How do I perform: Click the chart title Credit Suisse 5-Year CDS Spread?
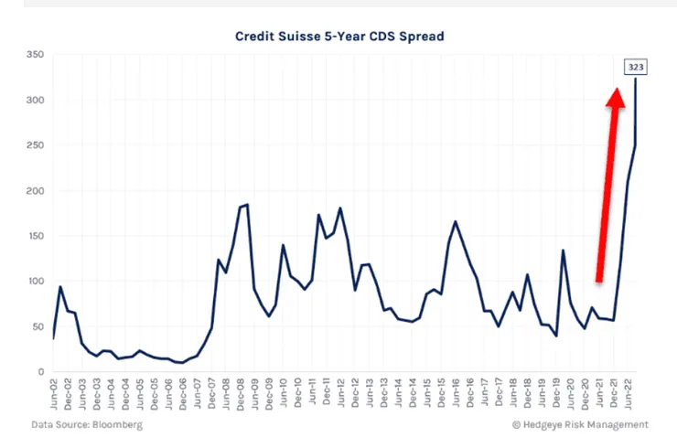[x=340, y=37]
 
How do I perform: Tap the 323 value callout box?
[x=635, y=67]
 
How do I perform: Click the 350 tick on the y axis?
[x=36, y=56]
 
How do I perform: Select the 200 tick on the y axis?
[x=36, y=191]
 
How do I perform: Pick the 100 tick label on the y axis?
[x=36, y=282]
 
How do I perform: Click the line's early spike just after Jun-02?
[x=60, y=287]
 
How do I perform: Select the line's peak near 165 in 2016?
[x=455, y=221]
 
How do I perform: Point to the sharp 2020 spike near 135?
[x=564, y=251]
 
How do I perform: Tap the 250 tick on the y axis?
[x=36, y=146]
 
